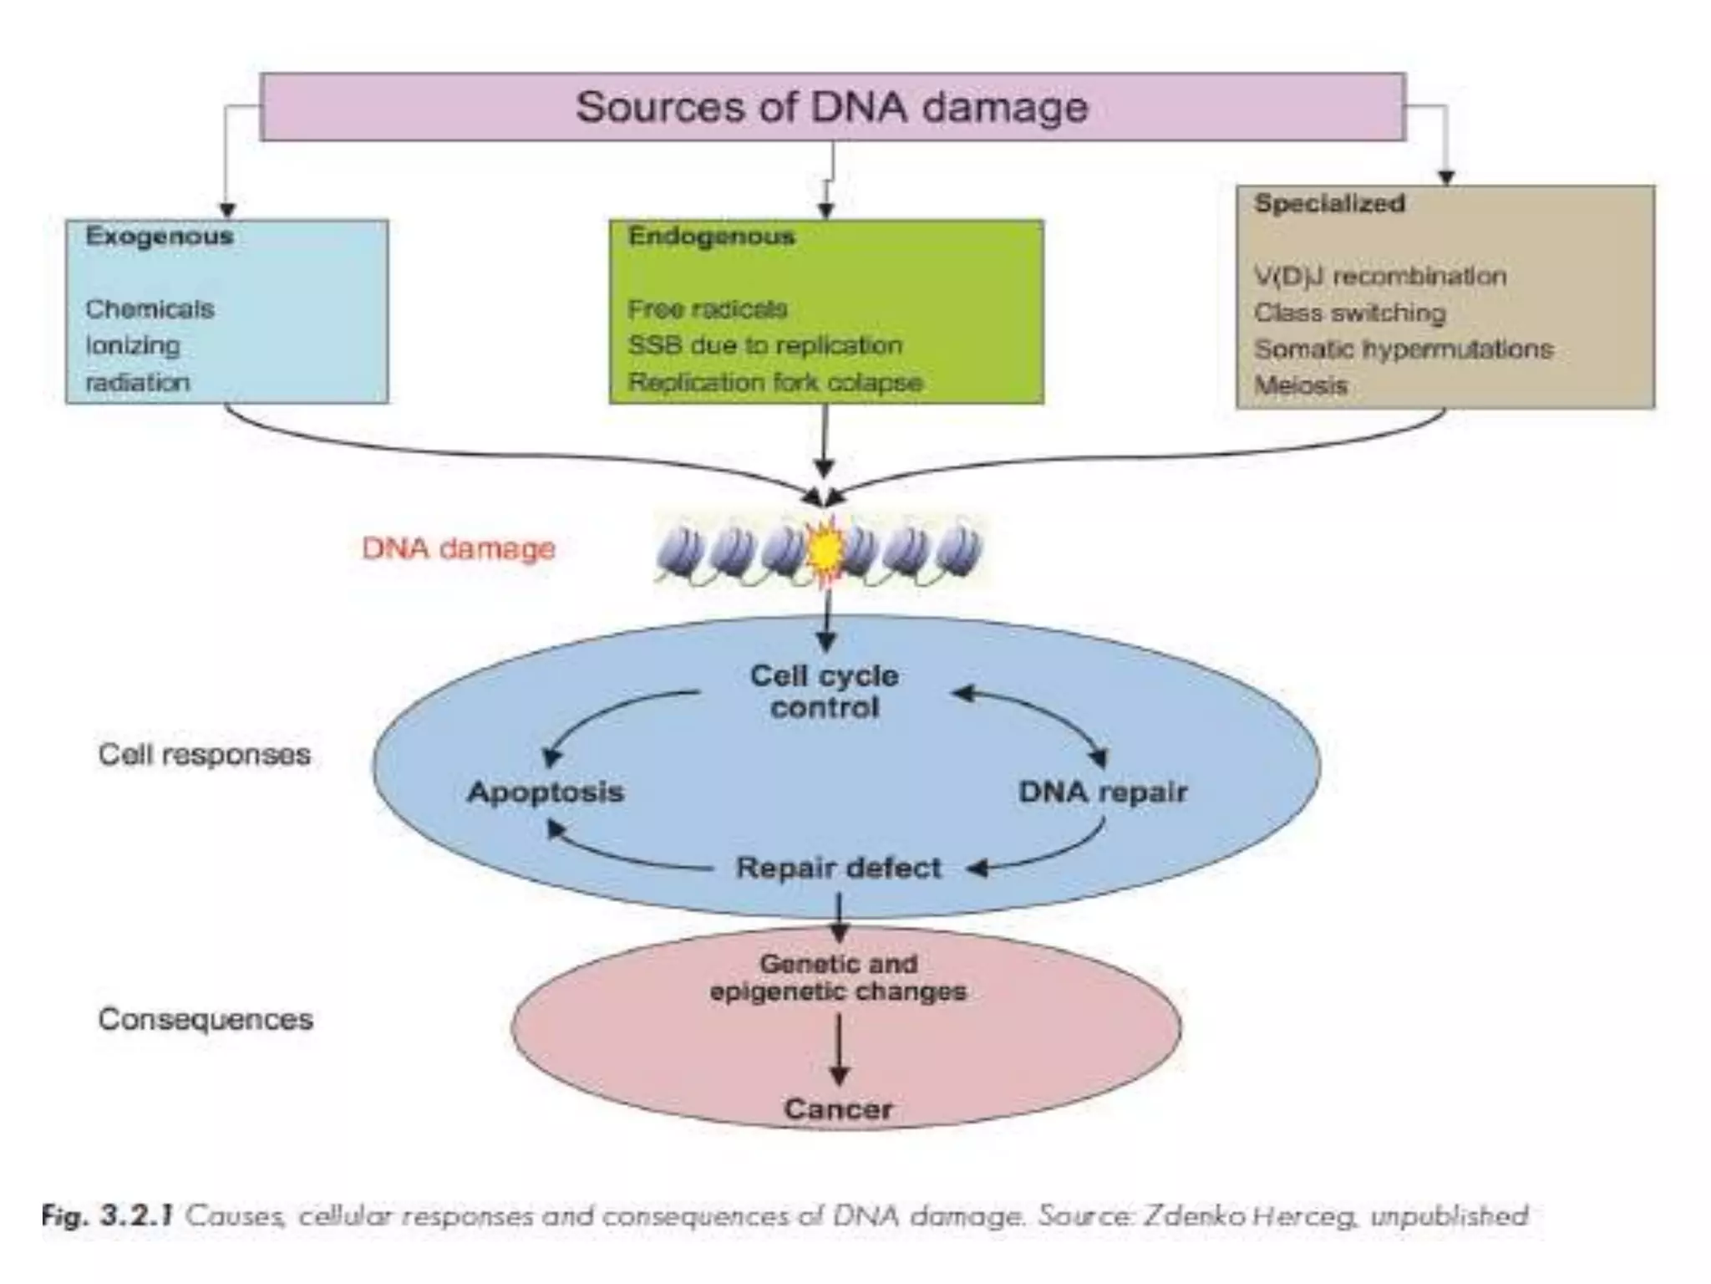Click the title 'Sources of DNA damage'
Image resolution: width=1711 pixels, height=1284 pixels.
pos(832,108)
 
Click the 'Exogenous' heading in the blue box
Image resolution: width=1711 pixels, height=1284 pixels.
pos(159,237)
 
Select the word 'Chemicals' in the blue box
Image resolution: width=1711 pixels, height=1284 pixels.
pos(150,309)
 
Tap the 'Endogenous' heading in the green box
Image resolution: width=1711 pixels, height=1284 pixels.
pos(711,237)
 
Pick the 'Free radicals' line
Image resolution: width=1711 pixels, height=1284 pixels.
pos(707,309)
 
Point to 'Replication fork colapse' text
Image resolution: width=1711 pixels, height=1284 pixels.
pos(774,383)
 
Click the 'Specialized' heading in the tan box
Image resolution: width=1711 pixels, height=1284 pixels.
pos(1329,203)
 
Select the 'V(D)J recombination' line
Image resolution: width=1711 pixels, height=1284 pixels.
pos(1380,277)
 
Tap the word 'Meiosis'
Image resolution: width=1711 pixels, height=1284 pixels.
pos(1301,386)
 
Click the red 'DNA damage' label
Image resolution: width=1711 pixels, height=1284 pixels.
pos(459,549)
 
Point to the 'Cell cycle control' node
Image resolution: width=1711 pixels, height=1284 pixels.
pos(825,691)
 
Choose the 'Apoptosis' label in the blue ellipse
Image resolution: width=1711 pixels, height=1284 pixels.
pos(545,792)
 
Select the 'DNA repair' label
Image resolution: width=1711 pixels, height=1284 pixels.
pos(1102,792)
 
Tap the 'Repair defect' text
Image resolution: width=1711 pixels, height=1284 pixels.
pos(838,868)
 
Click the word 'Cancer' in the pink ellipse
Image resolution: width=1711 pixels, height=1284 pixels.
pos(838,1109)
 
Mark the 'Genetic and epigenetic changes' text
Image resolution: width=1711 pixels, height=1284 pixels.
pos(838,977)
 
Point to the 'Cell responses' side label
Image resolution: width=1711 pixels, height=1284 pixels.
pos(204,755)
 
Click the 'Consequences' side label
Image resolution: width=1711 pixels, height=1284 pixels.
pos(206,1020)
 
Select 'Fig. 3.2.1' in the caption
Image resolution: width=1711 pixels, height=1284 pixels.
pos(107,1215)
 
